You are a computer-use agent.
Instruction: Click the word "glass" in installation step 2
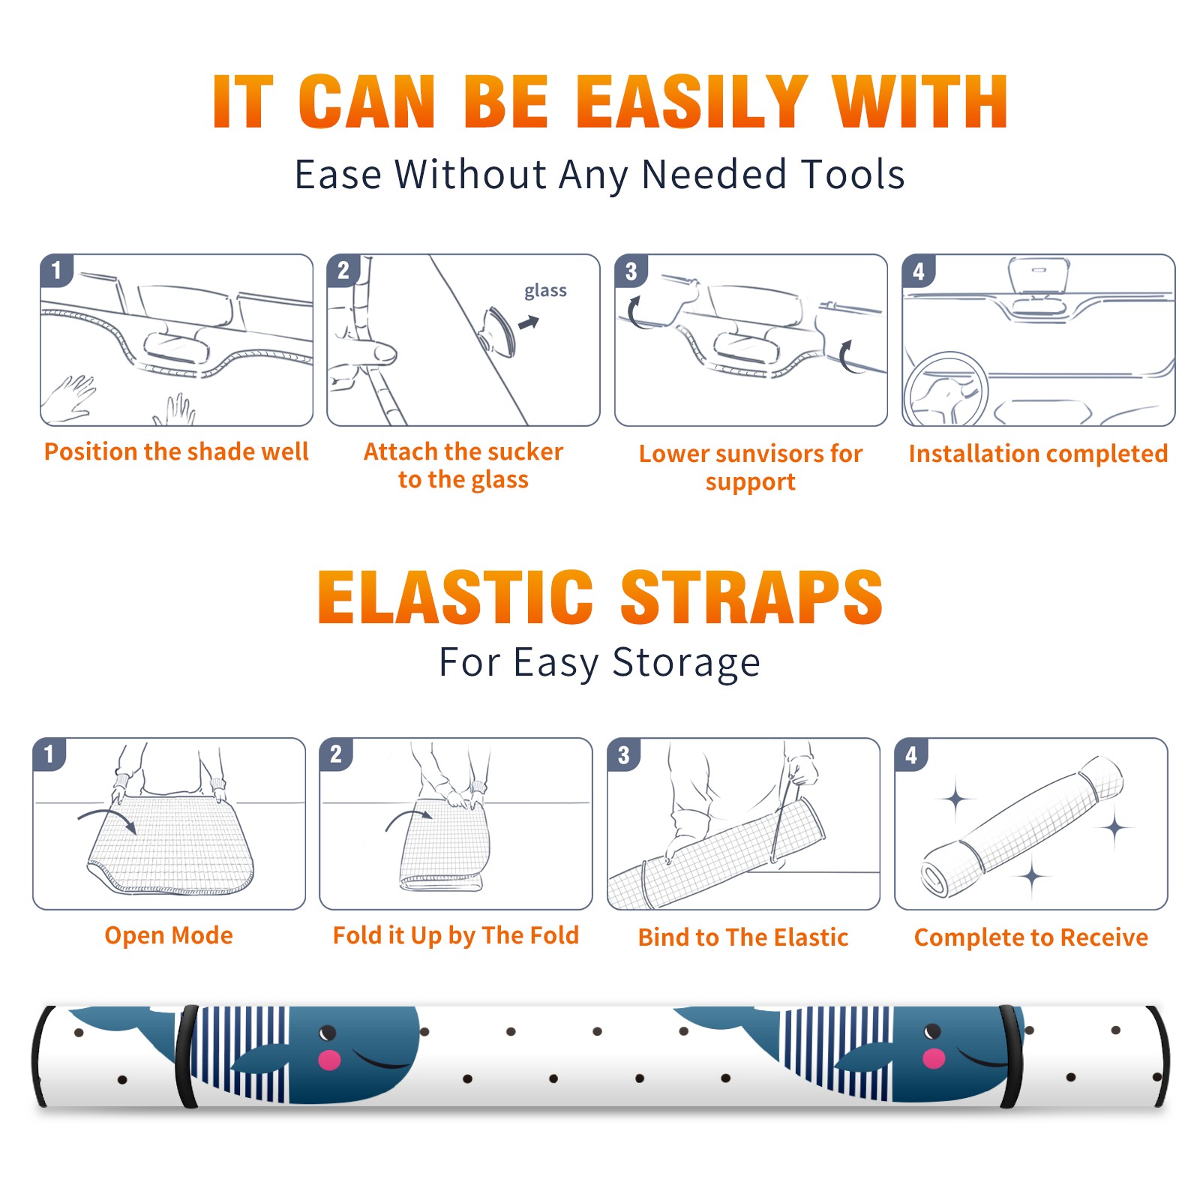pyautogui.click(x=545, y=291)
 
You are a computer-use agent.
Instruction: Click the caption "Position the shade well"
pyautogui.click(x=176, y=451)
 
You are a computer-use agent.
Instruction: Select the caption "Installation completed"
pyautogui.click(x=1038, y=454)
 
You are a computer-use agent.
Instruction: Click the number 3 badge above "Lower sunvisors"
pyautogui.click(x=631, y=271)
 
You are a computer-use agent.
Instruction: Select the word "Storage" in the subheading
pyautogui.click(x=686, y=663)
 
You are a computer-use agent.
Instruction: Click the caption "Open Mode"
pyautogui.click(x=169, y=935)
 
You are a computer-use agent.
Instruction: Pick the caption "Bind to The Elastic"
pyautogui.click(x=743, y=937)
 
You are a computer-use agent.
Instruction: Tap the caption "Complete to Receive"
pyautogui.click(x=1031, y=937)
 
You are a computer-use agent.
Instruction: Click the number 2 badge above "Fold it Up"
pyautogui.click(x=336, y=754)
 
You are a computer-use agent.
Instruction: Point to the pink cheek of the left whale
pyautogui.click(x=329, y=1060)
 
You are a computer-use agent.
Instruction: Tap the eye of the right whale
pyautogui.click(x=932, y=1032)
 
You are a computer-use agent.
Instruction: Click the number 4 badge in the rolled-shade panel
pyautogui.click(x=911, y=754)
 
